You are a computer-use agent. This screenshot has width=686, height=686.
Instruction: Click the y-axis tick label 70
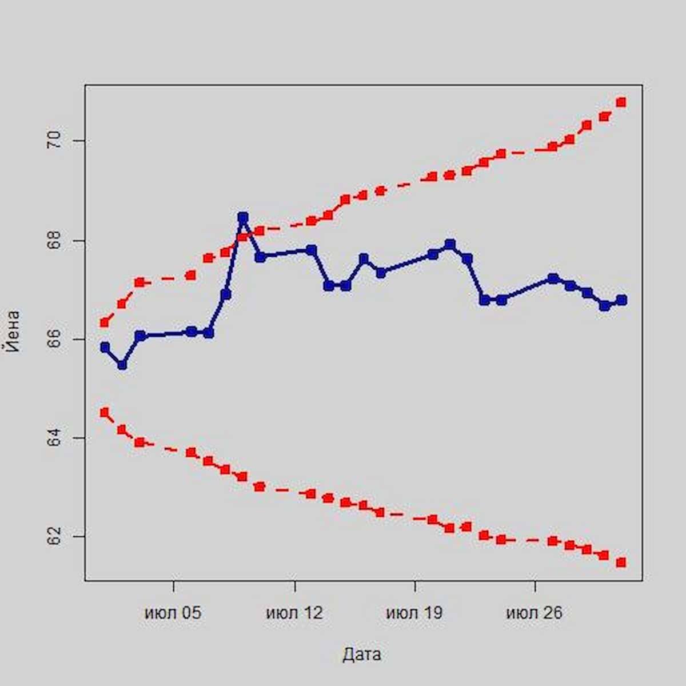point(54,141)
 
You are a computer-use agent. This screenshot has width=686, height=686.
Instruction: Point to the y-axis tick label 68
point(54,241)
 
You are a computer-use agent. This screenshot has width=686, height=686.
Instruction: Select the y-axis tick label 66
point(54,340)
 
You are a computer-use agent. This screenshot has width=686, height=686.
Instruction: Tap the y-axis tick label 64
point(54,438)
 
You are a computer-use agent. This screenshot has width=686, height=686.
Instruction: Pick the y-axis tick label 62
point(54,537)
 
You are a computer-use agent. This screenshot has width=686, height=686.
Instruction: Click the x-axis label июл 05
point(173,613)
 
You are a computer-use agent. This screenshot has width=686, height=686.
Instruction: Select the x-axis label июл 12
point(294,613)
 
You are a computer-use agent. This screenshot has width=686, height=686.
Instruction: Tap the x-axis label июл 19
point(414,613)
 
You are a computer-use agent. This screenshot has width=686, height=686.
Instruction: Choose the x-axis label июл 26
point(535,613)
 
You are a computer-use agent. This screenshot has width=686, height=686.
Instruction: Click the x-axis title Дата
point(362,655)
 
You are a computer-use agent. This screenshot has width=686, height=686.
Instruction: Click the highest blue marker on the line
point(243,217)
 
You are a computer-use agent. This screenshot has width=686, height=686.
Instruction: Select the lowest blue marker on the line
point(122,364)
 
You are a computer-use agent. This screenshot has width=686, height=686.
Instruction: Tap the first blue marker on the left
point(105,347)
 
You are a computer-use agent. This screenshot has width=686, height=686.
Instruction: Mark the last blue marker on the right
point(622,300)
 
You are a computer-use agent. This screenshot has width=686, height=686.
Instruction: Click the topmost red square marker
point(621,102)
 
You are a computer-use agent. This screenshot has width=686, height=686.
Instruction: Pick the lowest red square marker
point(621,563)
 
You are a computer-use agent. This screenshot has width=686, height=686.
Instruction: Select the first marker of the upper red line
point(104,322)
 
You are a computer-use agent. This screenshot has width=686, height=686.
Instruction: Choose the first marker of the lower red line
point(104,412)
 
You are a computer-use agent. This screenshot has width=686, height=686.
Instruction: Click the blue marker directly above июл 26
point(553,278)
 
